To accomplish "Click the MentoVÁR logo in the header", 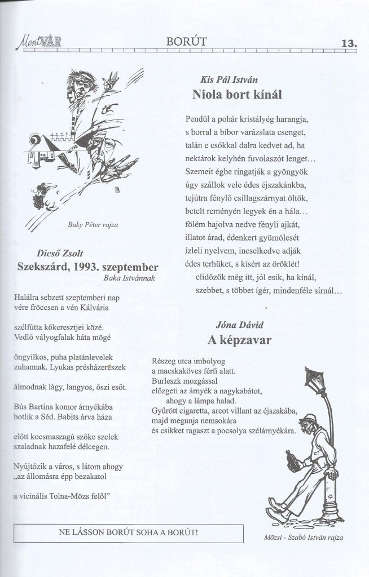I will (x=36, y=41).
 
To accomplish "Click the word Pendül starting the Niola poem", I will (x=194, y=119).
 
